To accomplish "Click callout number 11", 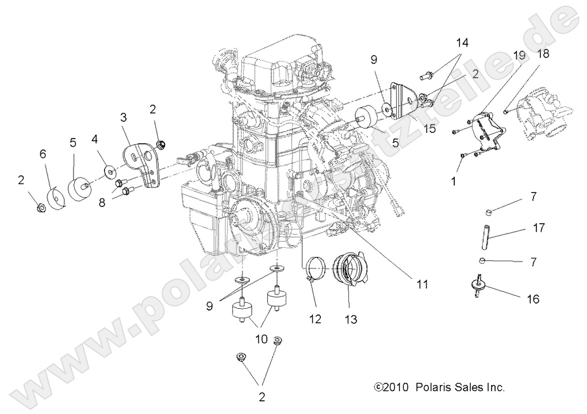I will click(x=423, y=283).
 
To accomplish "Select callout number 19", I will click(x=519, y=56).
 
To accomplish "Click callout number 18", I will click(x=543, y=54).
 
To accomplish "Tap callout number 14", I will click(x=463, y=43).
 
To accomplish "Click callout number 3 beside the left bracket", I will click(x=123, y=117).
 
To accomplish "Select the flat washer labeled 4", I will click(x=109, y=170).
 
